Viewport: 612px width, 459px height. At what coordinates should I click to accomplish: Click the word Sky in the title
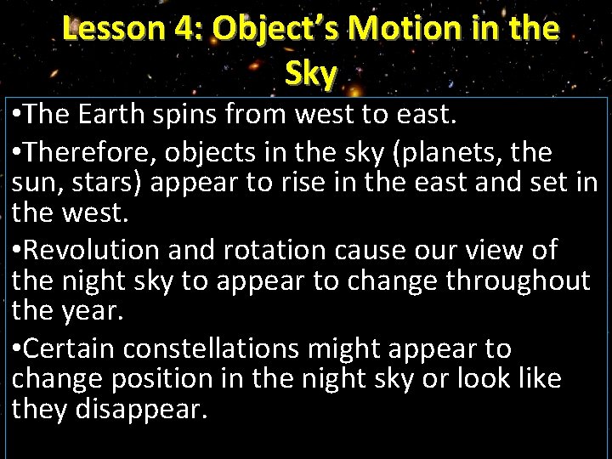pyautogui.click(x=311, y=74)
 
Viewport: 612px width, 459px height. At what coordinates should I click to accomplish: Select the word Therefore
pyautogui.click(x=94, y=153)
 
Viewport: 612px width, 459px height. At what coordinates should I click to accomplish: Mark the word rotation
pyautogui.click(x=272, y=250)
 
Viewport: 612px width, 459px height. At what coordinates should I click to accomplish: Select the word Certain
pyautogui.click(x=73, y=348)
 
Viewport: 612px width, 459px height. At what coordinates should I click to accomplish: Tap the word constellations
pyautogui.click(x=241, y=348)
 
